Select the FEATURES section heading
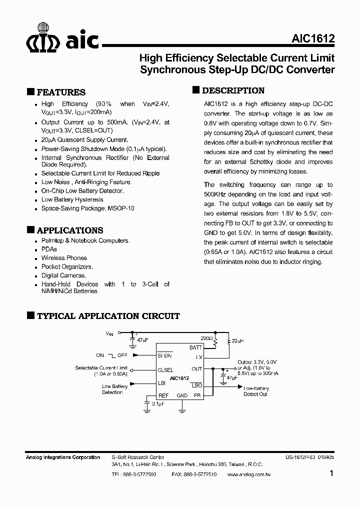point(61,92)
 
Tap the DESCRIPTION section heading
point(233,90)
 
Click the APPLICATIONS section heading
point(70,230)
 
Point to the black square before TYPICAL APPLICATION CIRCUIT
point(30,315)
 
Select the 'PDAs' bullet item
point(49,249)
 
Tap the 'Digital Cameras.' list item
point(63,275)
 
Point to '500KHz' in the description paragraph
point(215,194)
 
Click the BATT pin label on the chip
point(195,347)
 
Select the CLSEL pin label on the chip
point(166,370)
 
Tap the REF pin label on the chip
point(163,395)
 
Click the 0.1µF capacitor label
point(158,402)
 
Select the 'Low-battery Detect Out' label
point(255,391)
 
